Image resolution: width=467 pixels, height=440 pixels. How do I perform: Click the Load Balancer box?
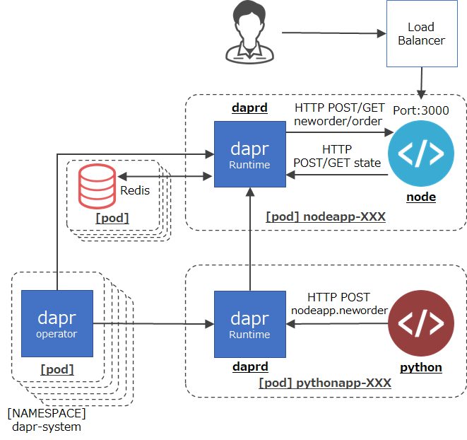tap(421, 33)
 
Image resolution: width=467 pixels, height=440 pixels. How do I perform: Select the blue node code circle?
tap(421, 154)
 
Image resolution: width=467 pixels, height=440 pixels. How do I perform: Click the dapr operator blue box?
tap(57, 323)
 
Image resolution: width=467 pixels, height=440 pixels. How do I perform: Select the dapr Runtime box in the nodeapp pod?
tap(249, 154)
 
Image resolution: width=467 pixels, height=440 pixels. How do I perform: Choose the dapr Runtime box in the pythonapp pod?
tap(249, 323)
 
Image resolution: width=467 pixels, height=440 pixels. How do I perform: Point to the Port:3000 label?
tap(422, 110)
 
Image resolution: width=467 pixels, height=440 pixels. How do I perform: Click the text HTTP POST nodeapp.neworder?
tap(339, 303)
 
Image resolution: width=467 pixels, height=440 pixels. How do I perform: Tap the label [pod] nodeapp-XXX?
tap(326, 216)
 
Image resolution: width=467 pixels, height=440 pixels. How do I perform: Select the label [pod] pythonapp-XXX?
tap(325, 383)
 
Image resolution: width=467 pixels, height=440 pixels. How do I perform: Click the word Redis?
tap(135, 190)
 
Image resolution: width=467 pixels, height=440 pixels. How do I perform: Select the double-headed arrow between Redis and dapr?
tap(165, 176)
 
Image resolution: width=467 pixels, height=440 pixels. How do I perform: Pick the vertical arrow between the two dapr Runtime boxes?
tap(249, 241)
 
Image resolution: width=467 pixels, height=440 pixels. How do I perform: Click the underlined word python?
tap(421, 367)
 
